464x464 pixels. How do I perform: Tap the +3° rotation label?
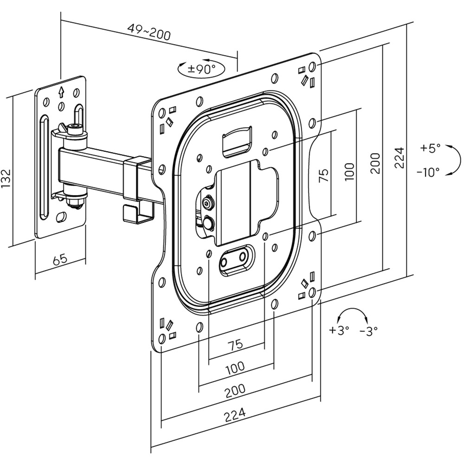pyautogui.click(x=339, y=330)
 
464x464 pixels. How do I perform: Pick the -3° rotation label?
pyautogui.click(x=368, y=330)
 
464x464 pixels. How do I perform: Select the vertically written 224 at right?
pyautogui.click(x=400, y=158)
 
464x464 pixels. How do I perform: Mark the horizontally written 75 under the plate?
pyautogui.click(x=235, y=344)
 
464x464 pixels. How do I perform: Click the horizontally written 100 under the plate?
pyautogui.click(x=235, y=368)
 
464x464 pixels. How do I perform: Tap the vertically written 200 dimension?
pyautogui.click(x=375, y=163)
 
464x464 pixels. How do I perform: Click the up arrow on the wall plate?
pyautogui.click(x=60, y=91)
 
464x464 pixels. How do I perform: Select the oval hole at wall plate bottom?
pyautogui.click(x=61, y=217)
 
